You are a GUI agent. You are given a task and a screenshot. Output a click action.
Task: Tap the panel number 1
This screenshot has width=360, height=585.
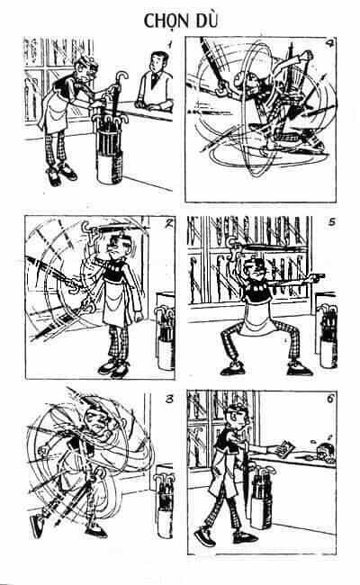[169, 45]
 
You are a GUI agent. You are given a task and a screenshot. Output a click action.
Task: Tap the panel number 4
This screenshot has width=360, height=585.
[328, 44]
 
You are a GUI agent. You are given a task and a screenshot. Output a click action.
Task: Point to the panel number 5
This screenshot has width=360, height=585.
[331, 222]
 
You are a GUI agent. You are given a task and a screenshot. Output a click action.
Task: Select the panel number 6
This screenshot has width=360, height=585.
[330, 399]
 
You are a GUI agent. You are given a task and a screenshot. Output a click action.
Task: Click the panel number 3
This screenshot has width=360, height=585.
[169, 400]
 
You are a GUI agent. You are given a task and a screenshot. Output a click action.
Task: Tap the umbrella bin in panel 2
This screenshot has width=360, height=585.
[166, 337]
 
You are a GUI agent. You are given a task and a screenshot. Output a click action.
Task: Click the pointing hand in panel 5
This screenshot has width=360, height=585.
[317, 277]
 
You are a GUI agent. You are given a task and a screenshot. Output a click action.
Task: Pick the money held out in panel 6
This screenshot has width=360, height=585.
[286, 448]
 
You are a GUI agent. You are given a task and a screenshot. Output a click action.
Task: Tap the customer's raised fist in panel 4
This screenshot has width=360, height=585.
[306, 56]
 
